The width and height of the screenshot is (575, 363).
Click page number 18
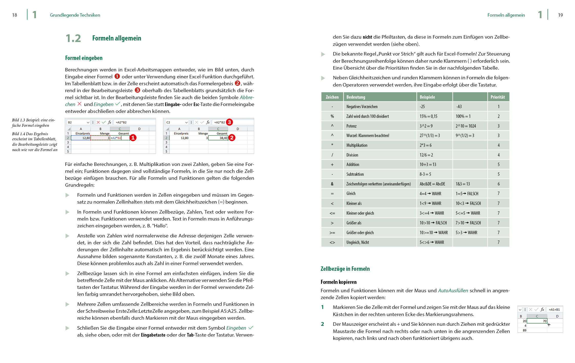[x=15, y=15]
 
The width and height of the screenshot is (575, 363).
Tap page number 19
[x=560, y=15]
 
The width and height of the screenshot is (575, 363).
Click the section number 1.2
[x=73, y=38]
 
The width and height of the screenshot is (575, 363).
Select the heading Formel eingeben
[x=84, y=58]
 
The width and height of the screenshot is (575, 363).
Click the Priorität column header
[x=497, y=97]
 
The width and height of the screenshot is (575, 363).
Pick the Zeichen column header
[x=332, y=97]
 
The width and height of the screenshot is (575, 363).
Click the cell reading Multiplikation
[x=357, y=145]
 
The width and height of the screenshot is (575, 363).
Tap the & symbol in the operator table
[x=332, y=184]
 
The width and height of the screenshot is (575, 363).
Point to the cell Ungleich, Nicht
[x=357, y=242]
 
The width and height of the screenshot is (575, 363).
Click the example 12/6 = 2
[x=426, y=155]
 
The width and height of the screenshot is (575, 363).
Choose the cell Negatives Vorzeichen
[x=362, y=107]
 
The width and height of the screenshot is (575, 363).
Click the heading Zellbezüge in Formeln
[x=345, y=269]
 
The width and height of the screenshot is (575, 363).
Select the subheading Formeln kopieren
[x=338, y=282]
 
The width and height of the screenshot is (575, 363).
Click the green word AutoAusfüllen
[x=453, y=291]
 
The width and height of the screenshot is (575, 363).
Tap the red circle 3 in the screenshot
[x=229, y=122]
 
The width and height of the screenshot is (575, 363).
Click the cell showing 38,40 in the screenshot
[x=223, y=138]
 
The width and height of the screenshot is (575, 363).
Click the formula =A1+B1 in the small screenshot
[x=554, y=309]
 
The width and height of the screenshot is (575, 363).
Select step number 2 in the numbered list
[x=322, y=324]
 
